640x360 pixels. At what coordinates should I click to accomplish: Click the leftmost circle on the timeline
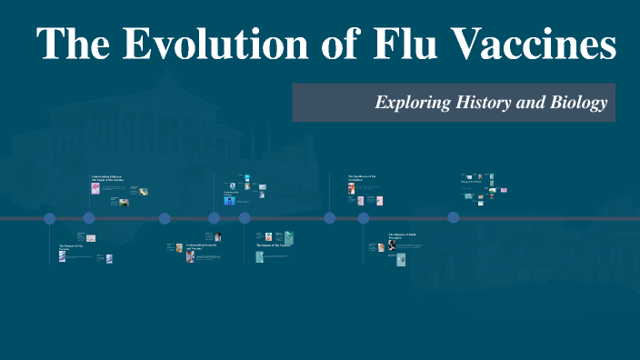(50, 218)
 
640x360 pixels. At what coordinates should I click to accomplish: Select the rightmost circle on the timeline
(453, 217)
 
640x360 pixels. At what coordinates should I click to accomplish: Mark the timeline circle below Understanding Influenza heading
(89, 218)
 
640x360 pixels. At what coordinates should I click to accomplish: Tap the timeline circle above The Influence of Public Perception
(364, 218)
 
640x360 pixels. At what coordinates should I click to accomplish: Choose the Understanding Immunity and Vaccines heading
(203, 246)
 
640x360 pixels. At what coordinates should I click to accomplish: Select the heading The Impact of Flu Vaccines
(273, 245)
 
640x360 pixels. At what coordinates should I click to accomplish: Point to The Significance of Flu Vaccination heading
(362, 178)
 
